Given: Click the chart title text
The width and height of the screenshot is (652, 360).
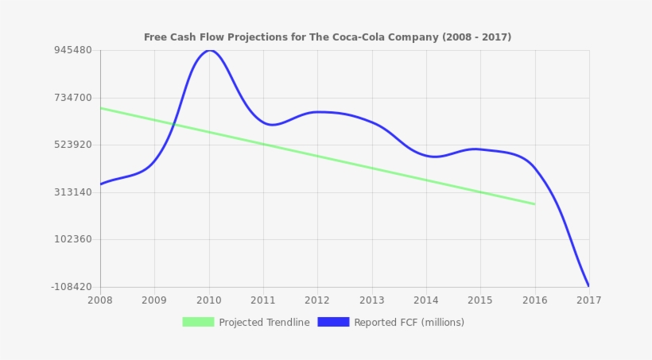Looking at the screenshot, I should click(327, 37).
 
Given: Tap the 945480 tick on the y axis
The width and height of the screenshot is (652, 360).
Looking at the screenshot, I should click(72, 50).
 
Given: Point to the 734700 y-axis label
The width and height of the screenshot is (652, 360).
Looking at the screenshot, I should click(72, 98).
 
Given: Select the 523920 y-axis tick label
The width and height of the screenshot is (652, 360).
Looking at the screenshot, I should click(72, 145).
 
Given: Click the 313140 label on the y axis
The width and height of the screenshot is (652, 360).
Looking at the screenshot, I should click(72, 192).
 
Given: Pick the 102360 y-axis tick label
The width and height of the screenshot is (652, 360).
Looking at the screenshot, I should click(72, 239).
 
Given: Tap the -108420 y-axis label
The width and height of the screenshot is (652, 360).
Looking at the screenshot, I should click(71, 287).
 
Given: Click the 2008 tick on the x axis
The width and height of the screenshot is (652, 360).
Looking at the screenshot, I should click(100, 300).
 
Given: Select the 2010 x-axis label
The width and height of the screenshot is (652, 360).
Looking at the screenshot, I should click(209, 300).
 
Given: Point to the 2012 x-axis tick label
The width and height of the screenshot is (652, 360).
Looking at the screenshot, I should click(317, 300).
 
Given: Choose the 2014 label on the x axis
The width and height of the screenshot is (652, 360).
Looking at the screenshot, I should click(426, 300).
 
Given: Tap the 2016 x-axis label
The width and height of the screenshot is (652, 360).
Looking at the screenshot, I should click(534, 300).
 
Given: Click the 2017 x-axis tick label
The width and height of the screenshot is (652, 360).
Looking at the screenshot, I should click(588, 300).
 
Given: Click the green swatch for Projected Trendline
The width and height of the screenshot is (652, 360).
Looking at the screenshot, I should click(198, 322).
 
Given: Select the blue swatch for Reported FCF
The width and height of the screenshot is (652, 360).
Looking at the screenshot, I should click(333, 322).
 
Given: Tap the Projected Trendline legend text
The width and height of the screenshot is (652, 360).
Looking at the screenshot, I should click(264, 323).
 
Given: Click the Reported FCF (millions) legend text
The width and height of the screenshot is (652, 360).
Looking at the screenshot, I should click(409, 323).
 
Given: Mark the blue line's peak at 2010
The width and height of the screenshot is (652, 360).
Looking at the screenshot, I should click(209, 51).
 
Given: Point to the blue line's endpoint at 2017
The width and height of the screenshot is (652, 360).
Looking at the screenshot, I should click(588, 286).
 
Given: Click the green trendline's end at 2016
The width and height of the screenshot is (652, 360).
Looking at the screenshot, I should click(534, 204).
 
